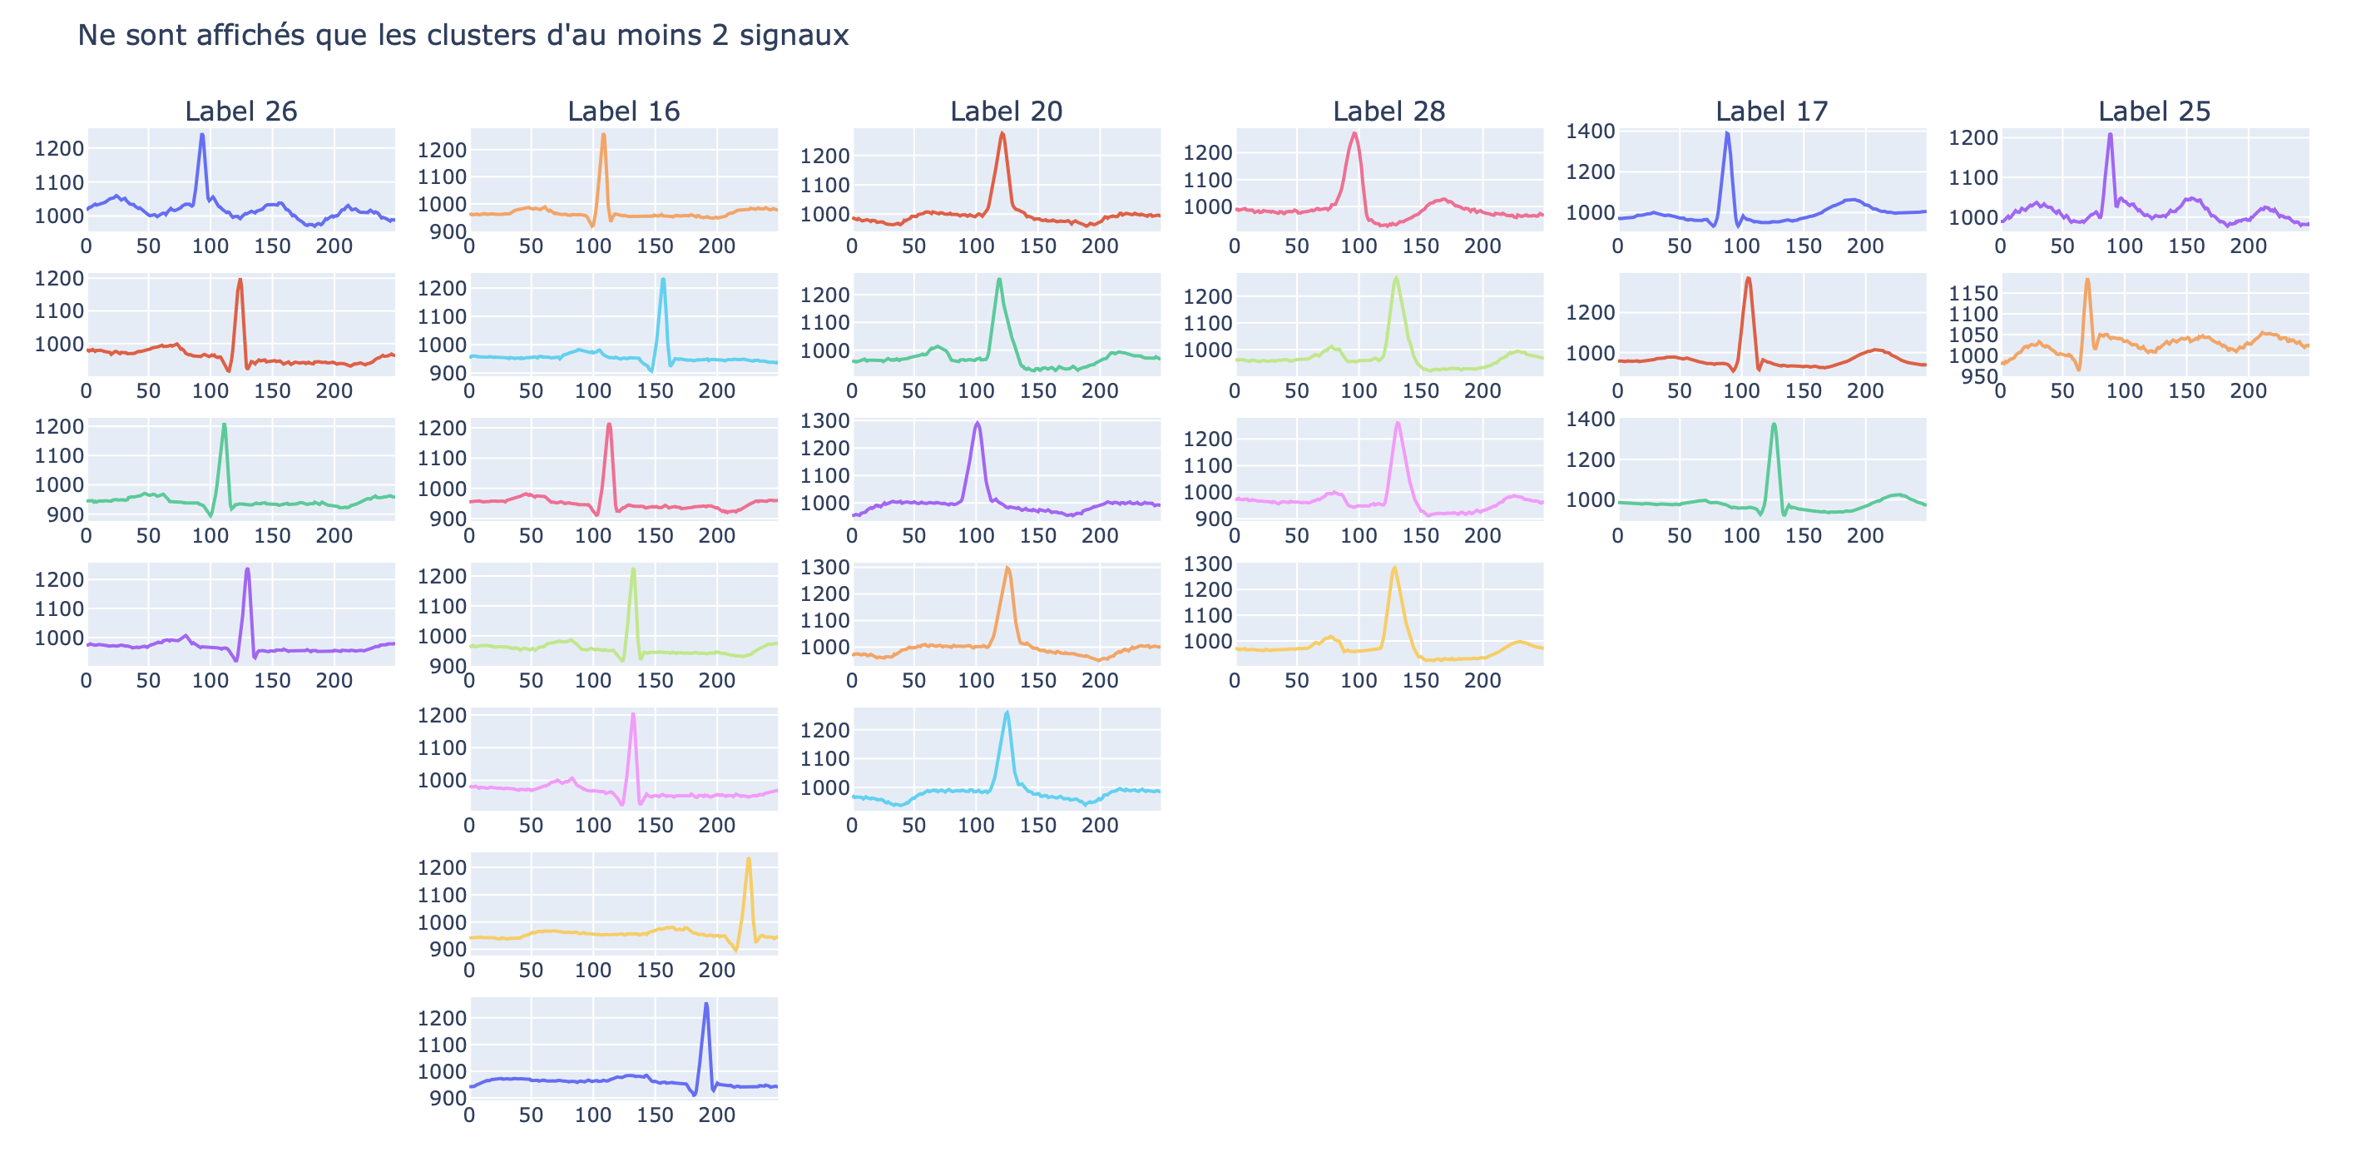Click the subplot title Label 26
click(240, 112)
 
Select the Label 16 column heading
click(624, 112)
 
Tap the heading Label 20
click(1006, 112)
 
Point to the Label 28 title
click(1388, 112)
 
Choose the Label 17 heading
click(1772, 112)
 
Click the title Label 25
click(2154, 112)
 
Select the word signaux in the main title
click(794, 37)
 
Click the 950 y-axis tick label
click(1979, 377)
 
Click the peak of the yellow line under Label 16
click(749, 859)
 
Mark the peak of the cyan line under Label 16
click(663, 281)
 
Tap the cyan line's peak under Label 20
click(1007, 712)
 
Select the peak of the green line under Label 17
click(1774, 425)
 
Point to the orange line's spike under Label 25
click(2086, 281)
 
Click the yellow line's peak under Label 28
click(1394, 568)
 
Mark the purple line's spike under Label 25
click(2110, 135)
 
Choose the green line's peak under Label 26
click(224, 425)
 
